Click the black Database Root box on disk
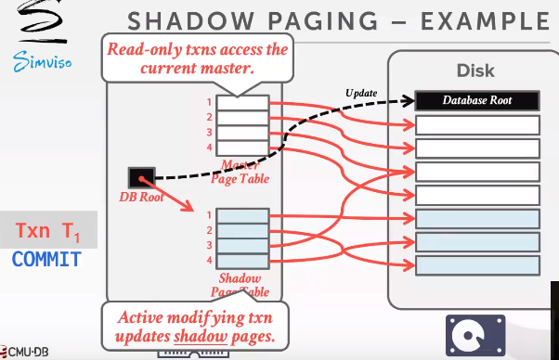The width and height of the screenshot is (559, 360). point(477,100)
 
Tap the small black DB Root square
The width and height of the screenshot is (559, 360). point(142,175)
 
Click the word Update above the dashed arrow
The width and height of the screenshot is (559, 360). point(361,93)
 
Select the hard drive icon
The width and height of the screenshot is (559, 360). point(474,334)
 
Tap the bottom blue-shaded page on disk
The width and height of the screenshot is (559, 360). point(477,264)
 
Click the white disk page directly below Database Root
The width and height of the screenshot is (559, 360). point(477,124)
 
